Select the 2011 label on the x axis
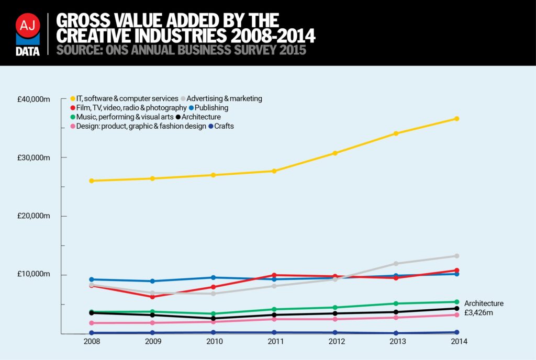(275, 342)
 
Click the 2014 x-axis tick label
(456, 342)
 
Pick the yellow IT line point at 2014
(456, 119)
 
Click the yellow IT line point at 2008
(92, 181)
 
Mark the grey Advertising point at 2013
(396, 264)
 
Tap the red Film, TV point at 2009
(152, 297)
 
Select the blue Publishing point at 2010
(213, 277)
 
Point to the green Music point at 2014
(456, 302)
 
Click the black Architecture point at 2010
(213, 318)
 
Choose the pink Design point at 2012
(335, 319)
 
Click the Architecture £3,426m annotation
(483, 308)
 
